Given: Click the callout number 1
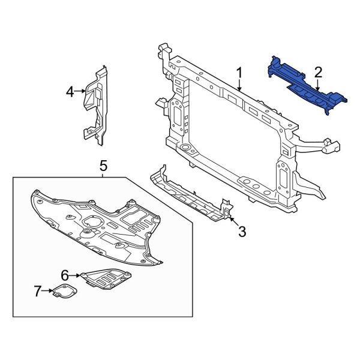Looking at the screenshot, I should click(x=239, y=73).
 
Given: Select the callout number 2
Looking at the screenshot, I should click(x=318, y=73).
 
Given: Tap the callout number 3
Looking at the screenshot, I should click(x=242, y=232).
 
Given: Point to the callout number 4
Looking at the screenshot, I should click(x=70, y=92).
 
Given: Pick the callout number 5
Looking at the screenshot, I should click(x=103, y=164).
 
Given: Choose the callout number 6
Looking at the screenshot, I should click(x=64, y=275).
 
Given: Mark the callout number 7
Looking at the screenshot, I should click(x=38, y=292).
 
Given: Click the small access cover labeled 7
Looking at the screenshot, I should click(x=62, y=294).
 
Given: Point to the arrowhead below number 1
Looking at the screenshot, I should click(x=239, y=89).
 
